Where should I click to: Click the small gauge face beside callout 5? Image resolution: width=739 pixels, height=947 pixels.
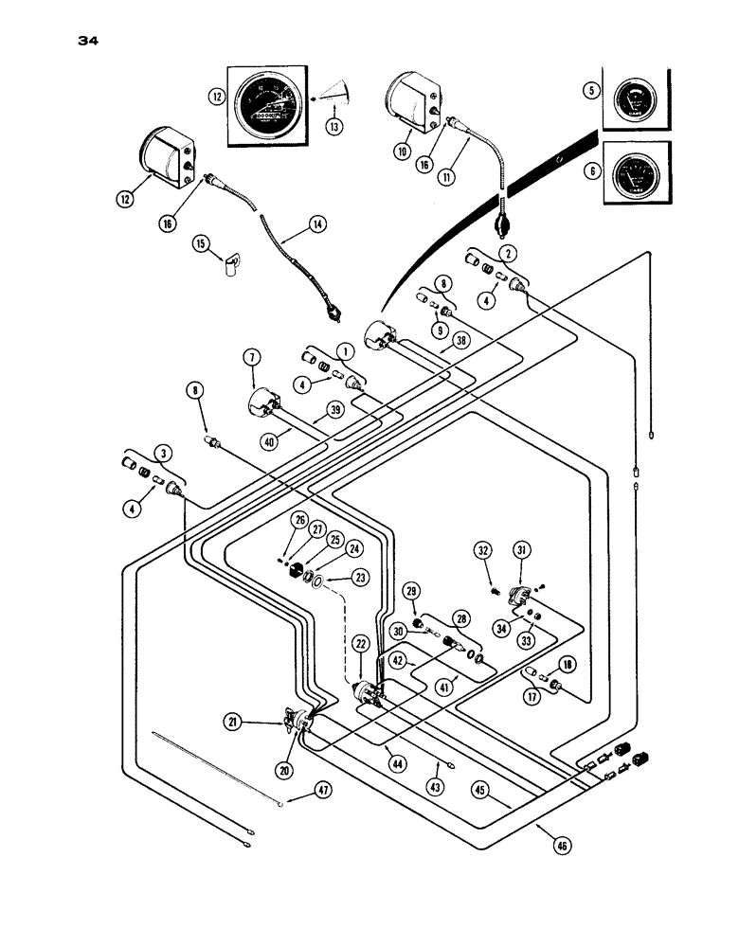pos(627,99)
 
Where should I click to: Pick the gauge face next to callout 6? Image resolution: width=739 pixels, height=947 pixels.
pos(629,175)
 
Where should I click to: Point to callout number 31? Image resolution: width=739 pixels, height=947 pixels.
pos(522,551)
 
